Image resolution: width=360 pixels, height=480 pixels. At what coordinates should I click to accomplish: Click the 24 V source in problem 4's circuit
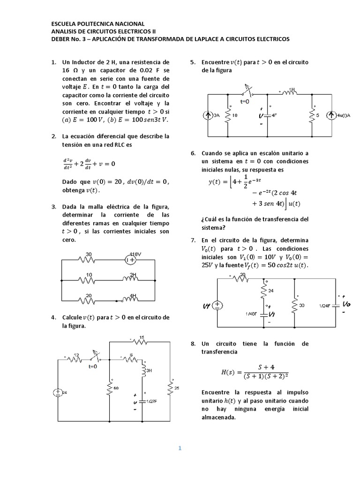click(x=57, y=393)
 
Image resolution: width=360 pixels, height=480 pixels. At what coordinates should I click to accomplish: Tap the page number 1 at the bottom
click(x=180, y=449)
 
